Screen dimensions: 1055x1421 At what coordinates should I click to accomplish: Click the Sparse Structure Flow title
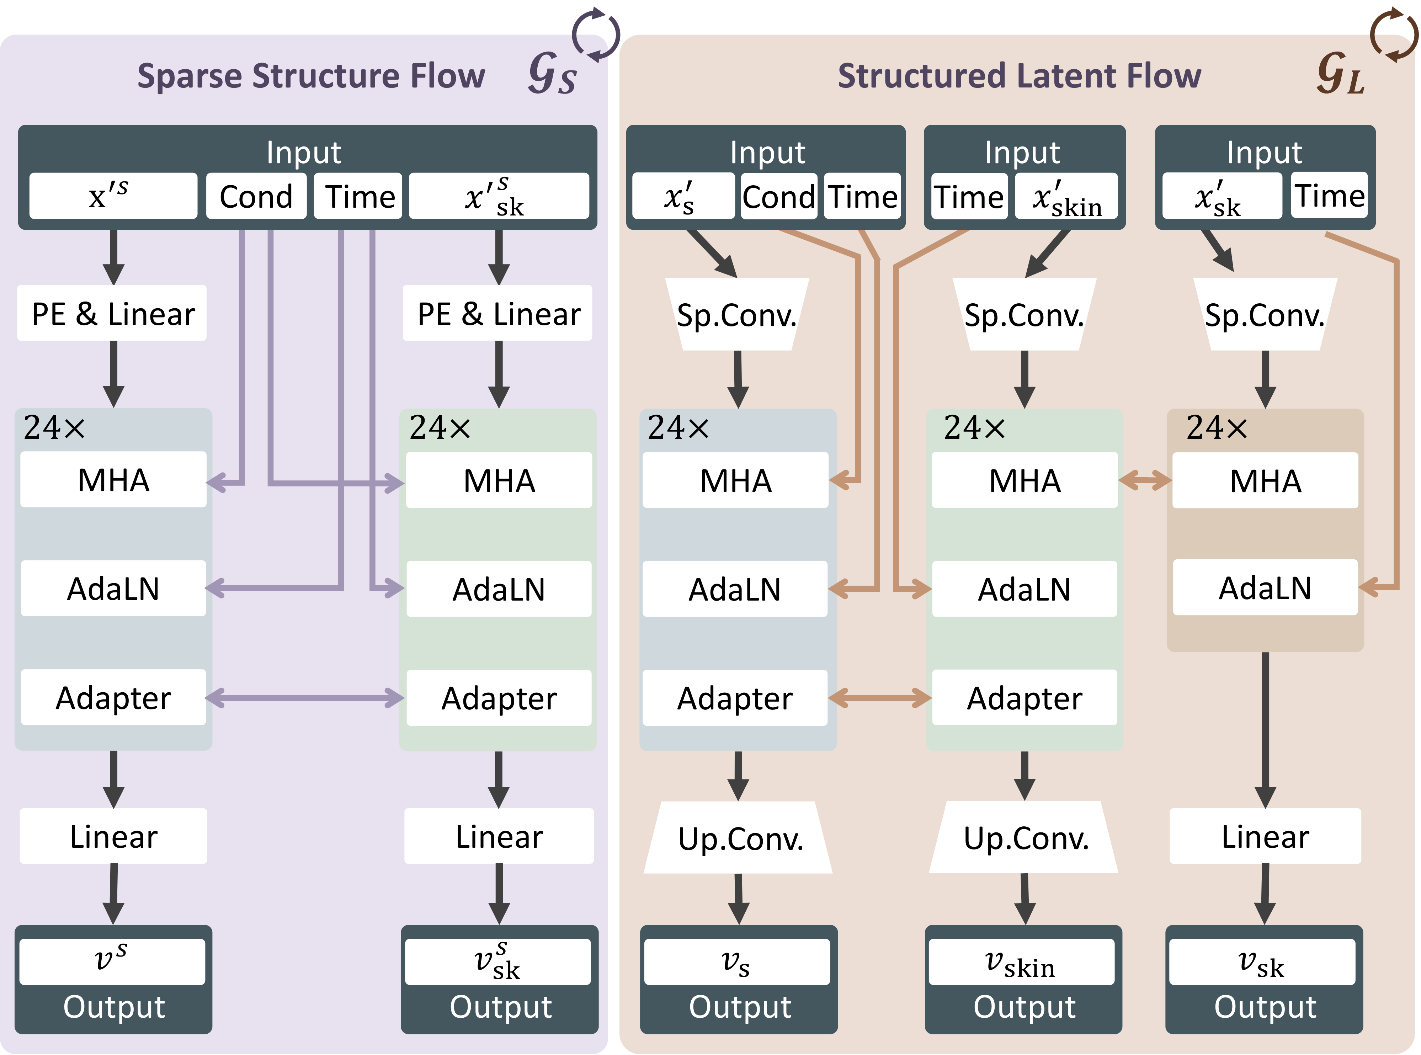(x=311, y=76)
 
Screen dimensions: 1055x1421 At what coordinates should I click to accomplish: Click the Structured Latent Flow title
(x=1019, y=76)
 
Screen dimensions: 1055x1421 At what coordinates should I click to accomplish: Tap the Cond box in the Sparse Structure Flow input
(x=256, y=196)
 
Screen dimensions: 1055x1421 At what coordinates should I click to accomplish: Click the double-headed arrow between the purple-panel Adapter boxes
(x=305, y=697)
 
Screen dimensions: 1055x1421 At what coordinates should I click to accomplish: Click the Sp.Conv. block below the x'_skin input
(x=1024, y=315)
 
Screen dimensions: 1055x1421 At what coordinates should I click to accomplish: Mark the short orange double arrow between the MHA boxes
(x=1145, y=480)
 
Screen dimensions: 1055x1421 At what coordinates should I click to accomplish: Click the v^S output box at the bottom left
(x=112, y=960)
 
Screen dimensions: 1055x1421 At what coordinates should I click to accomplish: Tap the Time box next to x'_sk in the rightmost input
(x=1329, y=195)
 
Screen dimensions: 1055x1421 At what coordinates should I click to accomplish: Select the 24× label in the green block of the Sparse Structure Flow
(x=440, y=427)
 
